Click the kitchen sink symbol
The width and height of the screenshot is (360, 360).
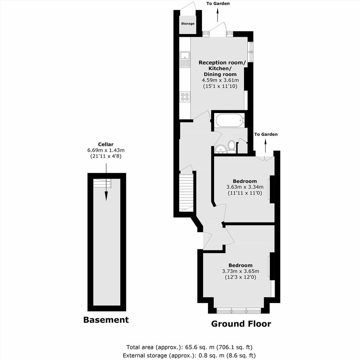point(185,59)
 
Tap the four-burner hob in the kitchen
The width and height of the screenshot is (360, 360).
point(185,97)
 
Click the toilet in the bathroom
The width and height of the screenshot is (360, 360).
point(232,147)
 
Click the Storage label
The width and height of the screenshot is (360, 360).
point(188,23)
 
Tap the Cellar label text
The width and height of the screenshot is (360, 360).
point(106,144)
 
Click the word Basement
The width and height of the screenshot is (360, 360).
point(106,320)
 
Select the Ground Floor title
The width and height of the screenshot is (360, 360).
point(241,324)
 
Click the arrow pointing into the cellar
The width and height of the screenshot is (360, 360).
point(106,182)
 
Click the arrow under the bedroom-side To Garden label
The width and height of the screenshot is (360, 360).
point(266,146)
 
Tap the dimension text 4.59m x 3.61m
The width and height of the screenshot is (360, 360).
point(220,80)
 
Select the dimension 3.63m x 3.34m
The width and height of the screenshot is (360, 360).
point(245,187)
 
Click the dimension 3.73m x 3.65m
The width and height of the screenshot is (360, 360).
point(241,271)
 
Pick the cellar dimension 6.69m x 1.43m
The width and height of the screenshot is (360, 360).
point(106,151)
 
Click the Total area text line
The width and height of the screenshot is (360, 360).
point(189,347)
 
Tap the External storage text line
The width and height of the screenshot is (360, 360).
point(189,356)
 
